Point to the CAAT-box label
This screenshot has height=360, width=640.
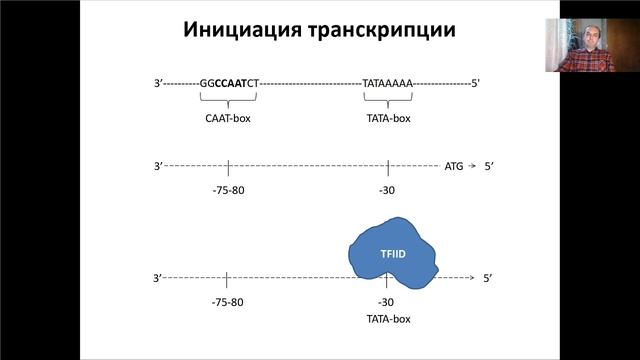pyautogui.click(x=229, y=117)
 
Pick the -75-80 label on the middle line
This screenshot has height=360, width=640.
pyautogui.click(x=229, y=190)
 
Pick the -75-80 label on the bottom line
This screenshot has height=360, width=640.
pyautogui.click(x=229, y=302)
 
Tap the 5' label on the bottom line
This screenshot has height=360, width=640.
pyautogui.click(x=488, y=277)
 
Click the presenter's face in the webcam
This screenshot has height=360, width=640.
pyautogui.click(x=581, y=43)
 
